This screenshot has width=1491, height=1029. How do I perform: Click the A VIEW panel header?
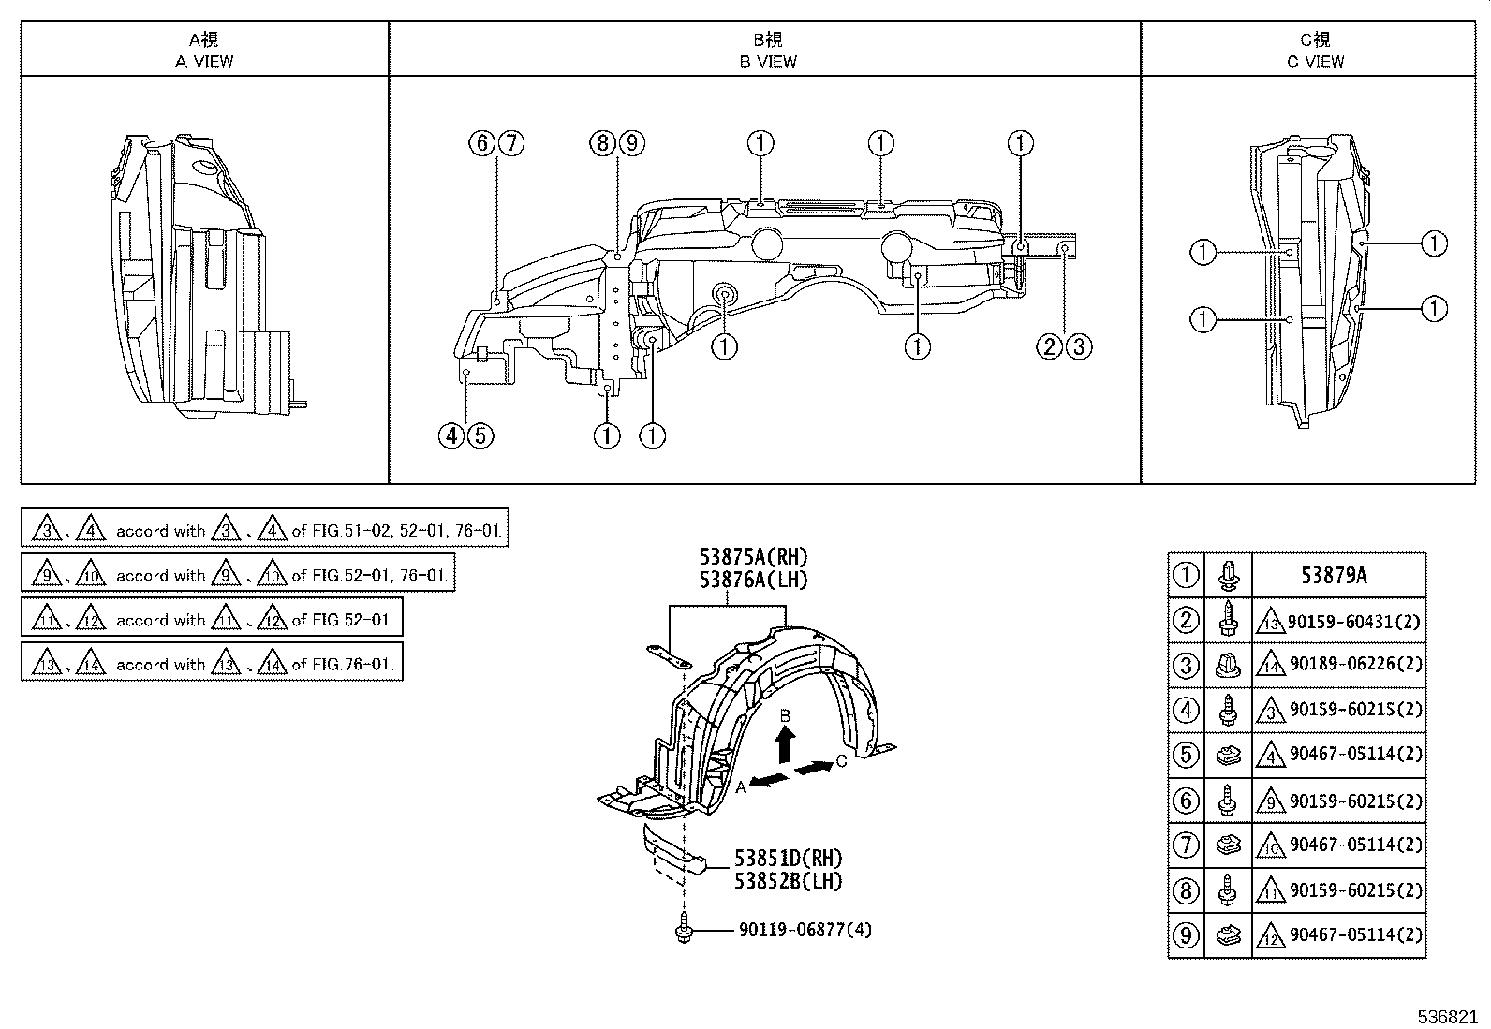[204, 51]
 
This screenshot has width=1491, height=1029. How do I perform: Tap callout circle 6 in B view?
[481, 143]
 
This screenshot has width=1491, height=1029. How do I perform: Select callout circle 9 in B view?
[631, 143]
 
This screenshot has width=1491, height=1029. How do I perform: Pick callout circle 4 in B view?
[451, 435]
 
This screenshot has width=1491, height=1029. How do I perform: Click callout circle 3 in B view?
[1078, 346]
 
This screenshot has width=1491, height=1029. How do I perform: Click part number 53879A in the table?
[1334, 575]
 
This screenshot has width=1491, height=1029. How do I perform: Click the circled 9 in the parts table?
[1186, 934]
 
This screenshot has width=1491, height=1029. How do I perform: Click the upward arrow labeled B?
[785, 744]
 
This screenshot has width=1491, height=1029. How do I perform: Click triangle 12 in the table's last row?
[1272, 934]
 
